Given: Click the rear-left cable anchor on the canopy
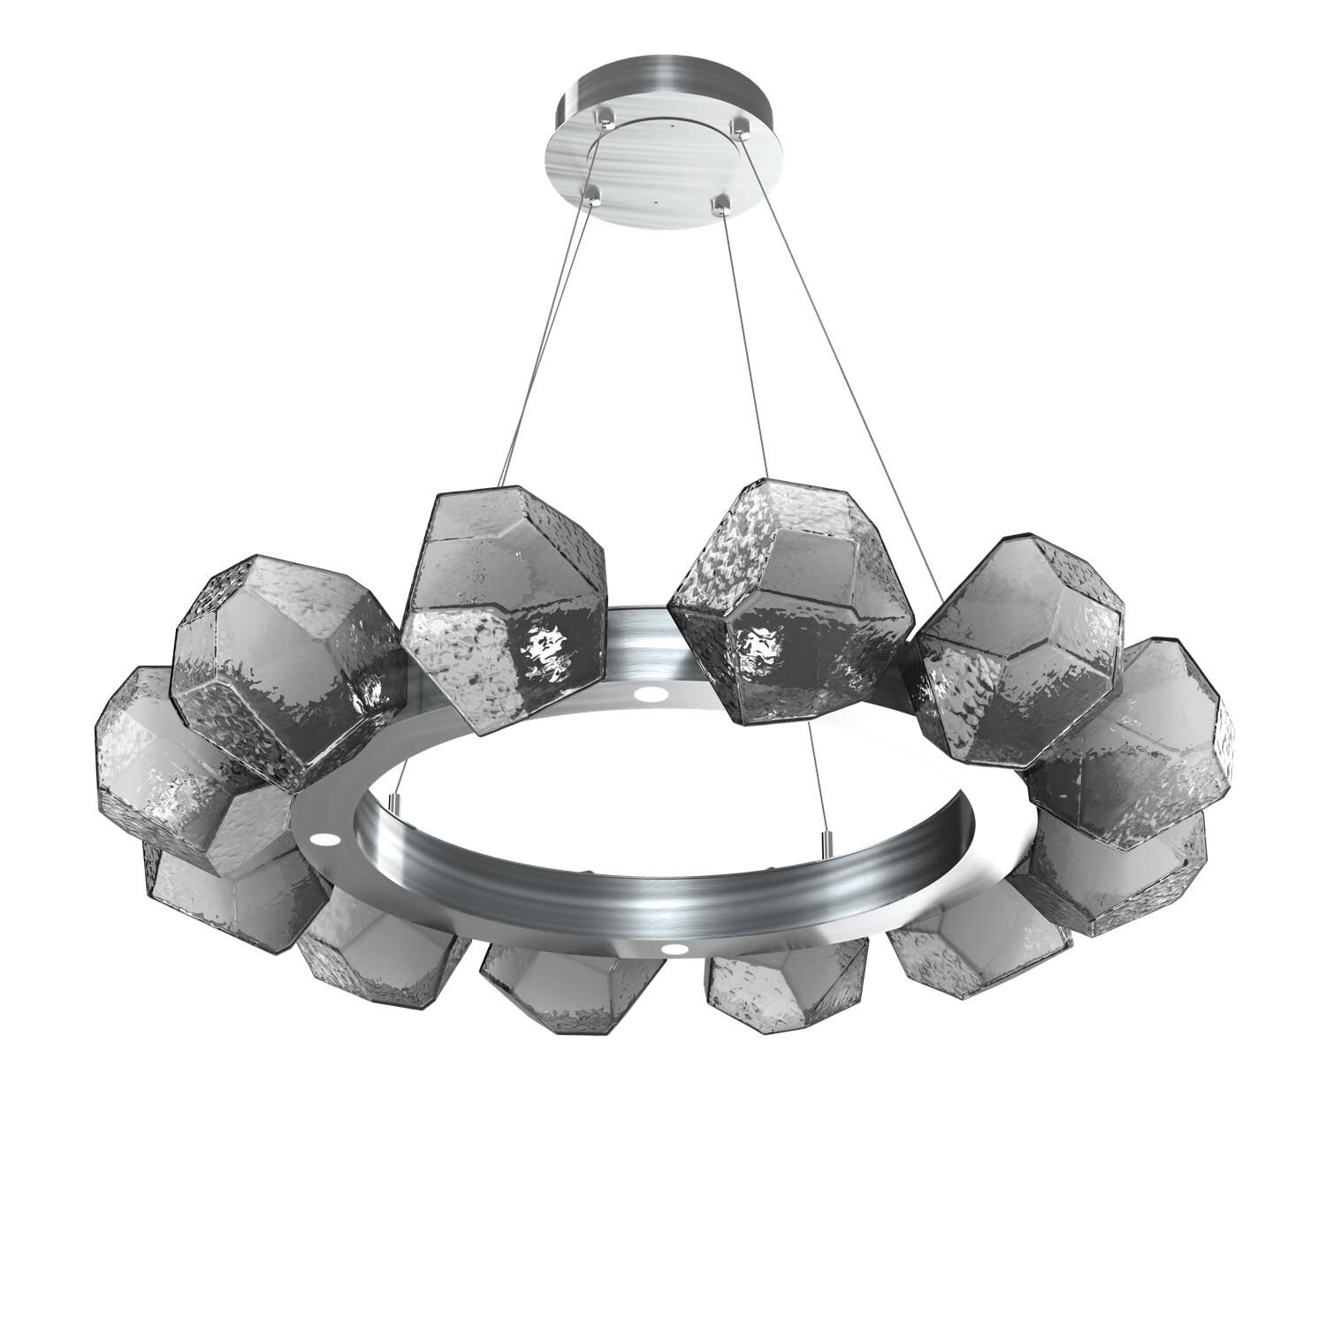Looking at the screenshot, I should (x=605, y=116).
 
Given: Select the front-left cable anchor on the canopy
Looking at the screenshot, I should (x=591, y=191).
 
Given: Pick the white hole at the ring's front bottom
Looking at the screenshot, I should (x=675, y=949).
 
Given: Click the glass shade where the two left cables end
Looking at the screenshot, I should (x=504, y=610).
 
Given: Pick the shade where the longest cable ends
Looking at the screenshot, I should (x=1017, y=650).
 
